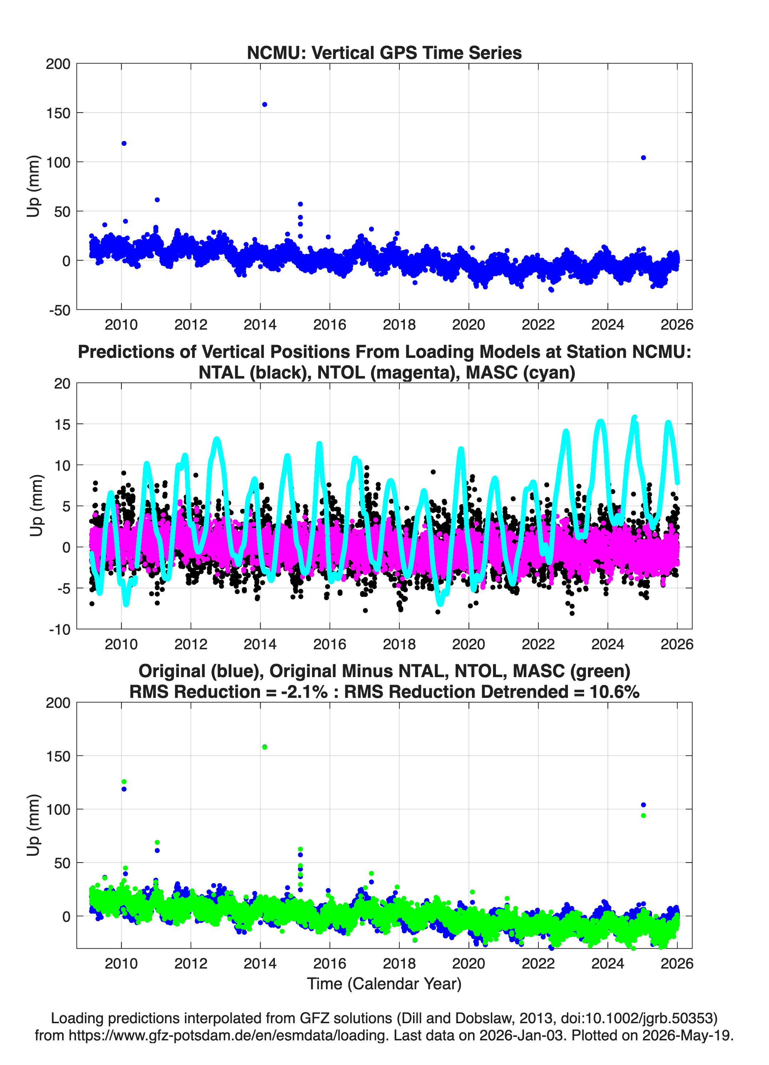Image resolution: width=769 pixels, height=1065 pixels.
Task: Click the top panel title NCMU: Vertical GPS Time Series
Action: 384,52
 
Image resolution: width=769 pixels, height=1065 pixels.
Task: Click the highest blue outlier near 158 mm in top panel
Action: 265,105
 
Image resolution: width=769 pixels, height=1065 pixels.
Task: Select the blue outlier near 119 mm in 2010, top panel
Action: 124,144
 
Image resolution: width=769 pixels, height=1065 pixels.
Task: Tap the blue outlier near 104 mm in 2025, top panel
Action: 643,158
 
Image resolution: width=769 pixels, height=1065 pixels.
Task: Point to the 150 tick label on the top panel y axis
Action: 58,113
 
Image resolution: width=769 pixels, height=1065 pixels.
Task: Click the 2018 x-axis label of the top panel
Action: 399,325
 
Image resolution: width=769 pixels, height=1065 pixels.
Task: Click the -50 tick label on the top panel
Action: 59,310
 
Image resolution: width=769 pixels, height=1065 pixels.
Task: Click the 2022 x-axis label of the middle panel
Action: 538,644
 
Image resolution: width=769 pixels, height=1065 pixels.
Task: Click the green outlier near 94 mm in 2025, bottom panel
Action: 643,816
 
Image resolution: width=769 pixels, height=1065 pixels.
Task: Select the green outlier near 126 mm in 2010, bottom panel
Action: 124,782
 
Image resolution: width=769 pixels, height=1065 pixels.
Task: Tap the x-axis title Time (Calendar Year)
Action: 384,984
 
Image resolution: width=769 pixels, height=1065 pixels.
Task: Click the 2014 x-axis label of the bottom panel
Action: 260,964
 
